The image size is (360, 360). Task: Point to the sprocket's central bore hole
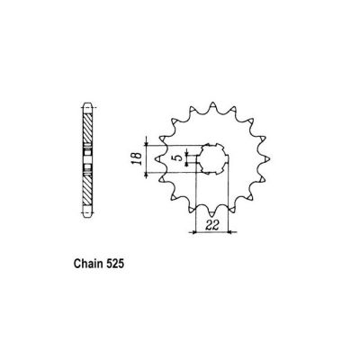pyautogui.click(x=211, y=158)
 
